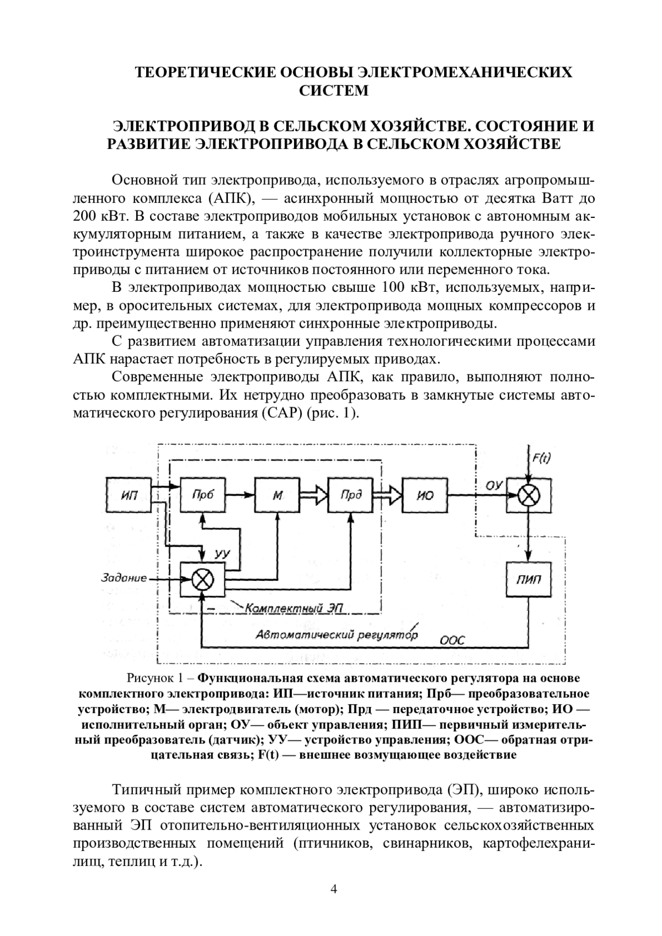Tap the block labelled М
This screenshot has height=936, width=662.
(277, 495)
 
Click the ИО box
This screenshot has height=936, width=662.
(425, 495)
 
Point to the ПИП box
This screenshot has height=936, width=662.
(528, 580)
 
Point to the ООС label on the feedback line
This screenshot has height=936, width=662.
(453, 640)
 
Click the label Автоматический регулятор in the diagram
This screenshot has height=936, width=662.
(336, 634)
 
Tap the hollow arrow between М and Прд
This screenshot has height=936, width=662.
(313, 495)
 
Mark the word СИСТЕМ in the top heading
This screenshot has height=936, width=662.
(333, 90)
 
